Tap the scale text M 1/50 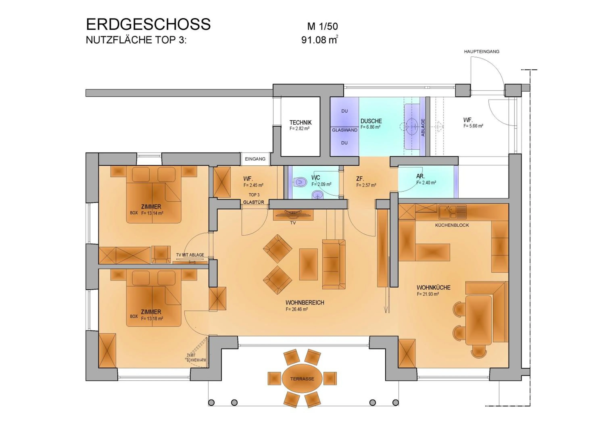pyautogui.click(x=322, y=26)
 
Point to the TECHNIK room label pyautogui.click(x=300, y=123)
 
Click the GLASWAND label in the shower pyautogui.click(x=344, y=130)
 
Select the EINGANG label pyautogui.click(x=255, y=159)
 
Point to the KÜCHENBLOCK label pyautogui.click(x=452, y=225)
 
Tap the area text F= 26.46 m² pyautogui.click(x=297, y=309)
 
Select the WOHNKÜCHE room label pyautogui.click(x=433, y=288)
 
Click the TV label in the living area pyautogui.click(x=293, y=223)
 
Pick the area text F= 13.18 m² pyautogui.click(x=152, y=319)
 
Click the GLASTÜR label pyautogui.click(x=253, y=202)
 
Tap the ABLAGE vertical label pyautogui.click(x=423, y=127)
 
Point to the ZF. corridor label pyautogui.click(x=360, y=179)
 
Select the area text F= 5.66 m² pyautogui.click(x=473, y=126)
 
